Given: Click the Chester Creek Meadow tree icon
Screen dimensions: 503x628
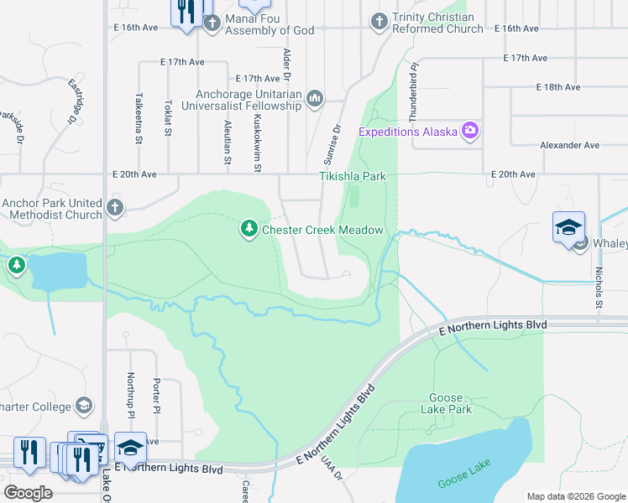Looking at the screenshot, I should coord(249,229).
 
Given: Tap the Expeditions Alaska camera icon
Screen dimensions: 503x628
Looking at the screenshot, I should coord(469,131).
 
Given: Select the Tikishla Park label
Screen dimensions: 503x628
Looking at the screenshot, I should coord(353,177).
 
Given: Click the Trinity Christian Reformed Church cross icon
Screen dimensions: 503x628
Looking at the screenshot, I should coord(379,22).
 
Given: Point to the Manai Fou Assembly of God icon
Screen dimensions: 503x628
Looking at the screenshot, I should coord(211,23).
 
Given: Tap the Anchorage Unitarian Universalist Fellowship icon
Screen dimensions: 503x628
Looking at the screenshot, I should coord(315,100).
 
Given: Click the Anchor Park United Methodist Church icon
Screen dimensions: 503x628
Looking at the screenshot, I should coord(115,207).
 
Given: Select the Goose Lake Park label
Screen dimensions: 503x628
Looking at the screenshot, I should coord(450,403).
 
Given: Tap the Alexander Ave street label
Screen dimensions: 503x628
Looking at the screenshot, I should coord(569,145).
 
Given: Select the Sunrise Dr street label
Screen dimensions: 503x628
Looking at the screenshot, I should coord(333,144).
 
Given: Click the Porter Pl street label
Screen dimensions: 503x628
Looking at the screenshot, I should coord(156,397).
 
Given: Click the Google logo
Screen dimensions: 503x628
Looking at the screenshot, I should coord(29,493).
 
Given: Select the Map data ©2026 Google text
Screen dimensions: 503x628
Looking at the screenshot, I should coord(575,496).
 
